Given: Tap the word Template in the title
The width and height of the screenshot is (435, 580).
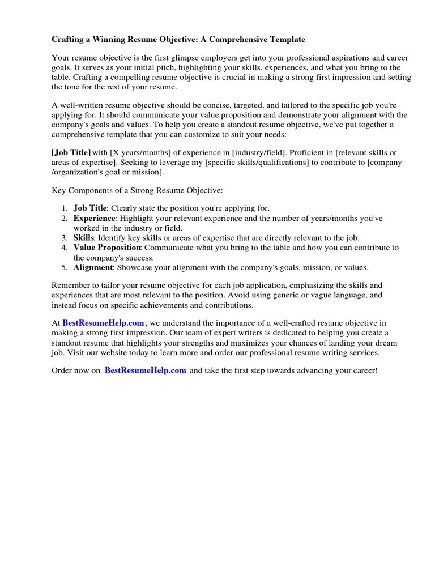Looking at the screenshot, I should (x=286, y=40).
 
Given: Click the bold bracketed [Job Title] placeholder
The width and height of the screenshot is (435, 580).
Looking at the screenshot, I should (x=71, y=153).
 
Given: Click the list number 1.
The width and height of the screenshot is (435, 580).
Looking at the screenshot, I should (x=65, y=208).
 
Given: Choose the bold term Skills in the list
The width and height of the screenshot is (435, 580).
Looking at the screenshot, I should (x=84, y=238).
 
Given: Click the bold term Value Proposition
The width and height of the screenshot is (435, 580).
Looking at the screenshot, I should (x=107, y=248).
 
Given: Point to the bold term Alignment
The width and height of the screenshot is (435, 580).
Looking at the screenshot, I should (x=93, y=267).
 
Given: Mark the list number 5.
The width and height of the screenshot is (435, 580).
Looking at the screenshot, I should (x=65, y=267).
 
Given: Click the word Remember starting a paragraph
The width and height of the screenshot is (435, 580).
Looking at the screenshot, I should (x=71, y=285).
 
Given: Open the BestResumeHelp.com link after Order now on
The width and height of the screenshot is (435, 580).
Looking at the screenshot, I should (x=146, y=370).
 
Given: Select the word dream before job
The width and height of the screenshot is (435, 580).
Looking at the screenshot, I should (x=386, y=343).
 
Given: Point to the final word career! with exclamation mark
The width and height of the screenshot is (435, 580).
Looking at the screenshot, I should (x=364, y=370).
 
